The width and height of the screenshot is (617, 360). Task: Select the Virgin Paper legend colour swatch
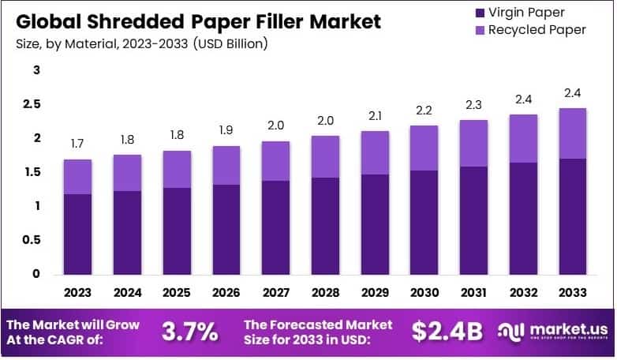(x=477, y=13)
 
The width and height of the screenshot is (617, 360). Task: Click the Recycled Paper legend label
(x=537, y=30)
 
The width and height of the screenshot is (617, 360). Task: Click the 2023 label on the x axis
(x=78, y=292)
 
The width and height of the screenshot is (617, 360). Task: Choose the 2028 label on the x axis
(x=325, y=292)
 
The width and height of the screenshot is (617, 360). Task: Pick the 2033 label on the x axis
(x=572, y=292)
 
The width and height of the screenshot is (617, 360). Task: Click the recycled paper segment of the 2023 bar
(x=78, y=177)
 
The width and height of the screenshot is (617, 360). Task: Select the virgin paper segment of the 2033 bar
(x=572, y=217)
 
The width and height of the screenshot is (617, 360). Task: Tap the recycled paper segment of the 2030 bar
(x=424, y=148)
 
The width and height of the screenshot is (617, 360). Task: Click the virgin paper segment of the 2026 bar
(x=226, y=230)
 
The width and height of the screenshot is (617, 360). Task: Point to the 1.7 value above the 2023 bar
(x=78, y=144)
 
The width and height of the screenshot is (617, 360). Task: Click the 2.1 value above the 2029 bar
(x=375, y=116)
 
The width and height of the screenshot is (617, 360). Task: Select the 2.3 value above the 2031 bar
(x=473, y=105)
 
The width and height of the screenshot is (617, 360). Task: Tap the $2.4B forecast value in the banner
(x=447, y=332)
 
